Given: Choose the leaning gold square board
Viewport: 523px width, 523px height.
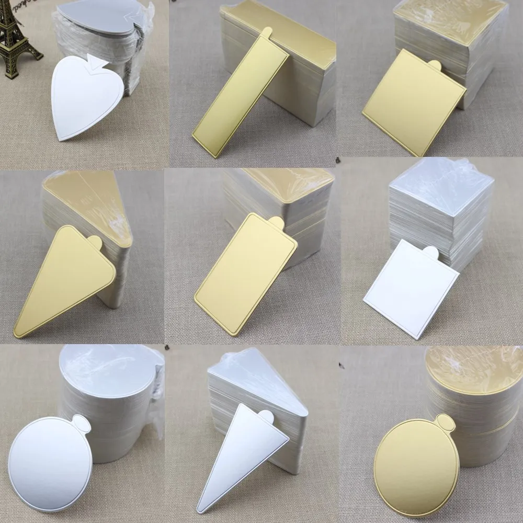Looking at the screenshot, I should point(413,102).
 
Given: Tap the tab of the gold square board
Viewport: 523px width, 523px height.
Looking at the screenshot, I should point(435,65).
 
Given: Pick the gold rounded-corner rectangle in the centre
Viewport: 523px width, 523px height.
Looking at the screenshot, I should point(246,275).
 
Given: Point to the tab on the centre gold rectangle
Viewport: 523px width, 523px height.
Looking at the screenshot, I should point(277,223).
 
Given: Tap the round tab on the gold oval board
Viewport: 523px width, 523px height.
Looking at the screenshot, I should point(445,422).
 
